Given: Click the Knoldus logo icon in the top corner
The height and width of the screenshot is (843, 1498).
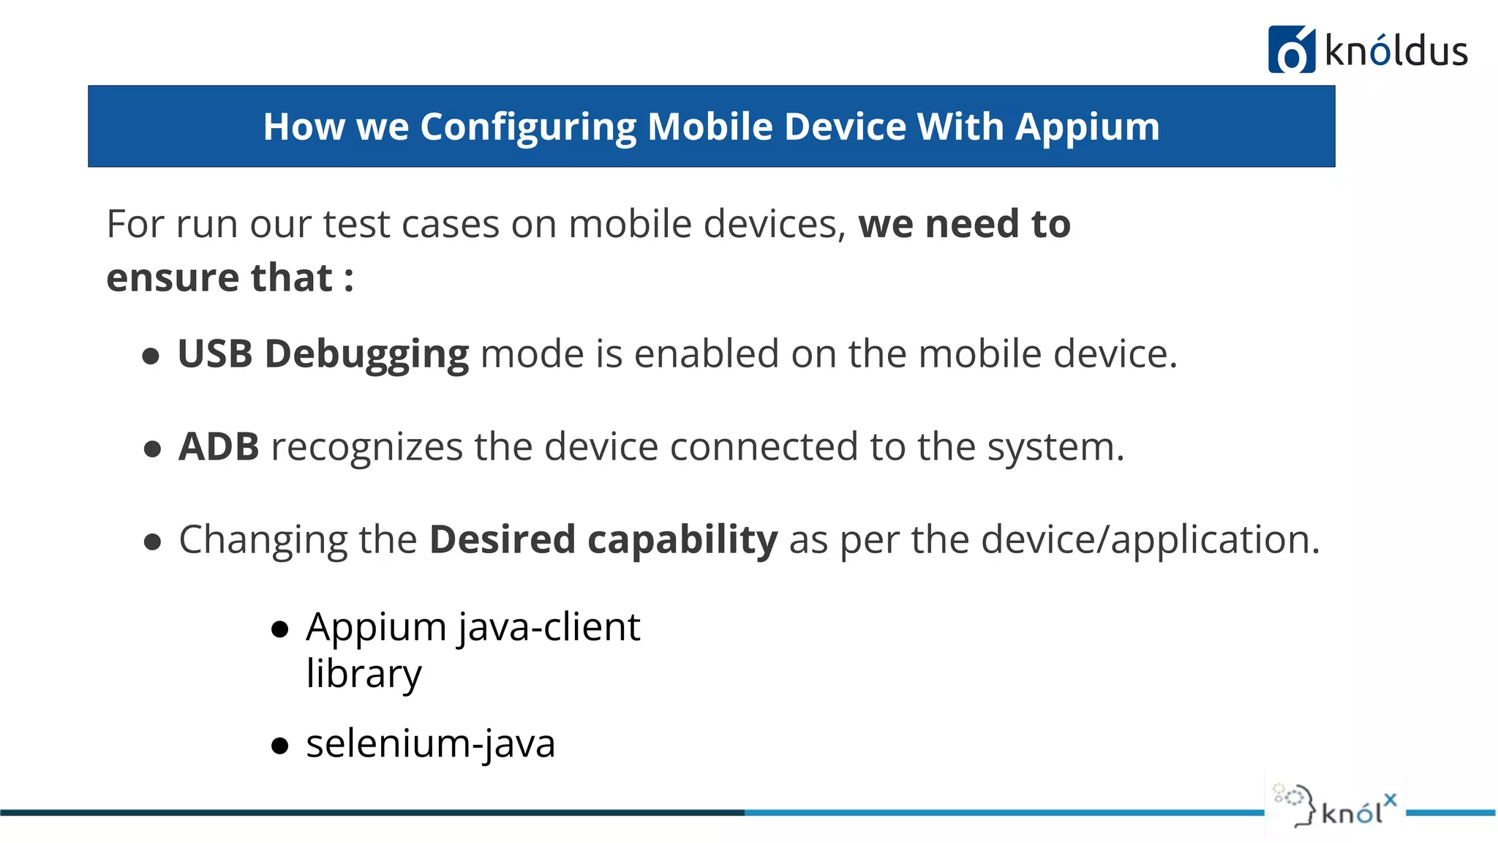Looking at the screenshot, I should click(1291, 50).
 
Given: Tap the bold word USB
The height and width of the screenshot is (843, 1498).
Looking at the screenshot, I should click(215, 354).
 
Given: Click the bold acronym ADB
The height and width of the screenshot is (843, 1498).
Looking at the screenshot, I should click(219, 446).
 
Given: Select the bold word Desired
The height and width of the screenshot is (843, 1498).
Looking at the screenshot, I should click(503, 540).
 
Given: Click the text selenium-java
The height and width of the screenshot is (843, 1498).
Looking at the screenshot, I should click(430, 744).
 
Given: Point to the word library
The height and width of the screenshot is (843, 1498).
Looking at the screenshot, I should click(364, 674).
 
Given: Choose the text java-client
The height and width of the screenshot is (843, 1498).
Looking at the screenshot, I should click(549, 628).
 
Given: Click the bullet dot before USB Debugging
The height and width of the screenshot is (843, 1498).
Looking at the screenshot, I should click(151, 356).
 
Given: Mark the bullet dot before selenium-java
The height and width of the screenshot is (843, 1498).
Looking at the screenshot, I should click(279, 746).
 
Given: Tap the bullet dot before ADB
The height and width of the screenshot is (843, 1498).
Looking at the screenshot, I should click(152, 449).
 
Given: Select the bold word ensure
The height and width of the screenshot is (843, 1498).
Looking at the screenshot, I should click(173, 278).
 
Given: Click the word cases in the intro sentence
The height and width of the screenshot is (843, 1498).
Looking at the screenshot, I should click(450, 224).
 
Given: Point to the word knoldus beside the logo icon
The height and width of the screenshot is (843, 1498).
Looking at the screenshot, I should click(1396, 51).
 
